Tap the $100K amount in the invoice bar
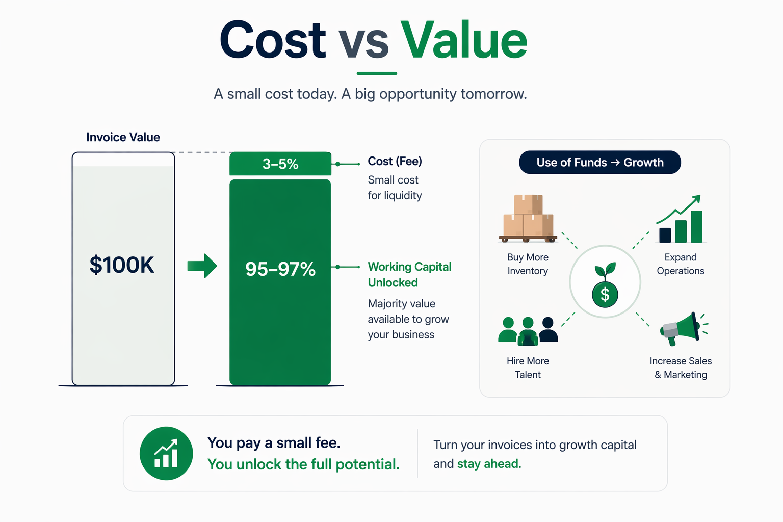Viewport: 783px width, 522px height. click(x=122, y=265)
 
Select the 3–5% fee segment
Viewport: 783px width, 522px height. click(x=280, y=164)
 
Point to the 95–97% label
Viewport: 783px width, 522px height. click(x=280, y=269)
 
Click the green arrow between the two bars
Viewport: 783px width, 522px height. click(x=202, y=266)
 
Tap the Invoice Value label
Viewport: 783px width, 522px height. click(x=123, y=137)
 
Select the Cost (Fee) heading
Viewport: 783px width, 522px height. click(x=395, y=161)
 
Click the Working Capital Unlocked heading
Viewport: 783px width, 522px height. click(x=409, y=274)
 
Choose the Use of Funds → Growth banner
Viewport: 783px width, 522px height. click(x=600, y=162)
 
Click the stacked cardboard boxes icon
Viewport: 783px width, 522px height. click(x=528, y=218)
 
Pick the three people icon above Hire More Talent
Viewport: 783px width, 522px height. click(x=528, y=330)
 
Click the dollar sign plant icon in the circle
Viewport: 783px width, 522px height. click(x=605, y=287)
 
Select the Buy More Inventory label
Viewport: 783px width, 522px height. click(x=528, y=264)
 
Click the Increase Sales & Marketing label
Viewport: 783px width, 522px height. click(x=681, y=368)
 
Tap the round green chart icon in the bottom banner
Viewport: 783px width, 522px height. click(x=166, y=453)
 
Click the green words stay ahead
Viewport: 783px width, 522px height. click(x=489, y=464)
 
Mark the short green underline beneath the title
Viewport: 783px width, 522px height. click(x=377, y=73)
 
